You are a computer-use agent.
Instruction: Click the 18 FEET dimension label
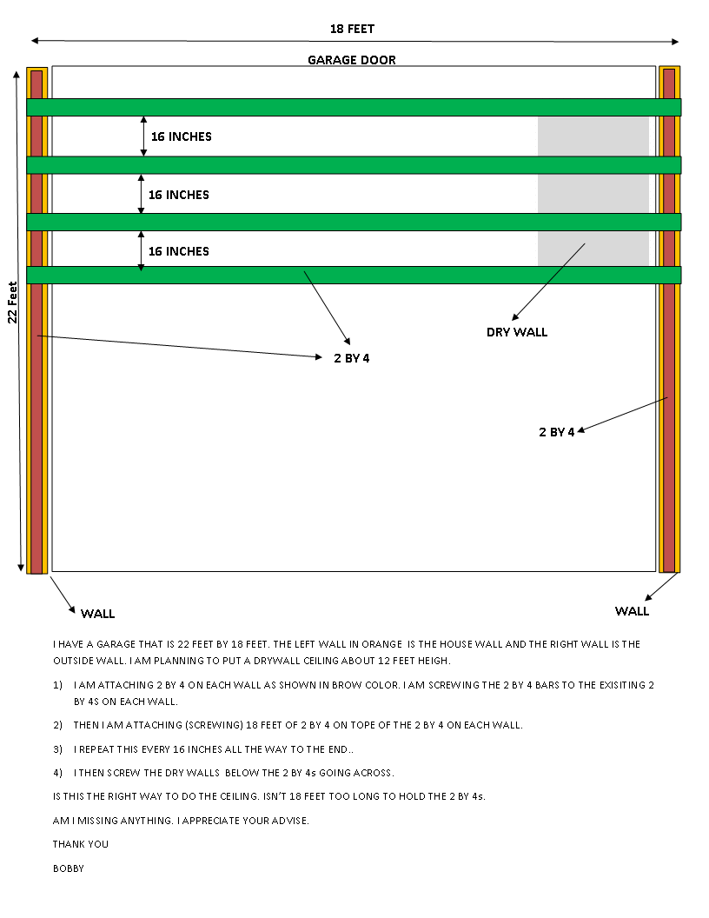[x=352, y=29]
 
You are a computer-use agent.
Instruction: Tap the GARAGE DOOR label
[x=352, y=60]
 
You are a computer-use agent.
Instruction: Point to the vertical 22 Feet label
[x=13, y=302]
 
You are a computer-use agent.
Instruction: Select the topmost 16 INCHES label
[x=181, y=136]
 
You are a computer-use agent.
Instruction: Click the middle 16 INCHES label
[x=178, y=195]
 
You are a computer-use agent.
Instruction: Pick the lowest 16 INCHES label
[x=178, y=251]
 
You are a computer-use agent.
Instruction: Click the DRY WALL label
[x=517, y=332]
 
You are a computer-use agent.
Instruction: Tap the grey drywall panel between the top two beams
[x=593, y=136]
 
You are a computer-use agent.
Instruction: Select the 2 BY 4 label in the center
[x=351, y=357]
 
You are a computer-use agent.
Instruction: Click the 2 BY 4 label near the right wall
[x=556, y=432]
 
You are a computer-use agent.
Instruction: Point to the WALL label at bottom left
[x=97, y=614]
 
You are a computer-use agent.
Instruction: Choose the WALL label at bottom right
[x=632, y=611]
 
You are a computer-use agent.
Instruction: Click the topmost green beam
[x=354, y=107]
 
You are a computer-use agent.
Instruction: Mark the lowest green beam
[x=354, y=275]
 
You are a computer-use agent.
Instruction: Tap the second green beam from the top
[x=354, y=165]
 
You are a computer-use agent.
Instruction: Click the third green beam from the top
[x=354, y=222]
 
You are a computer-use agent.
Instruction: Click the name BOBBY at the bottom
[x=69, y=868]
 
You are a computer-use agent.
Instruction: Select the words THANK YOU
[x=81, y=843]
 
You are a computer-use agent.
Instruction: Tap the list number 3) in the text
[x=57, y=748]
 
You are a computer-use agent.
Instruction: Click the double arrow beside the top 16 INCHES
[x=143, y=136]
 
